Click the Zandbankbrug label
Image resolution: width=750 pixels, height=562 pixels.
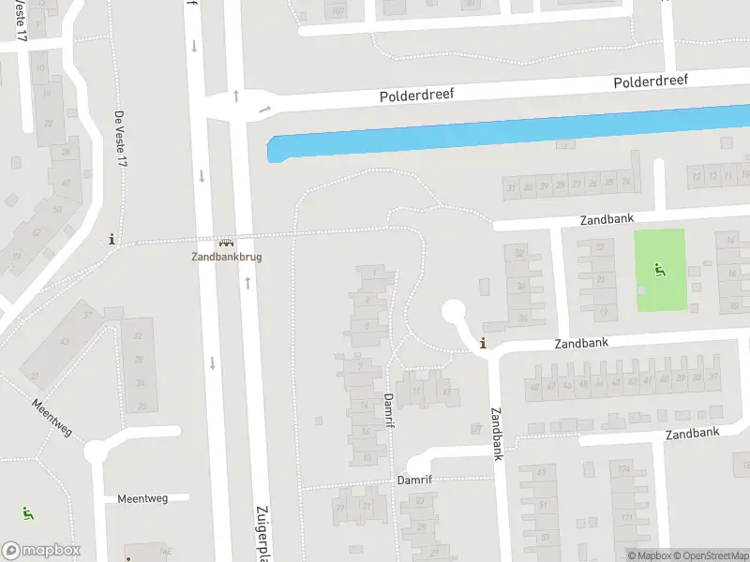226,257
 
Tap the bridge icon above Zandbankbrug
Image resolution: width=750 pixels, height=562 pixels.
226,243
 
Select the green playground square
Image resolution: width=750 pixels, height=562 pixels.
660,272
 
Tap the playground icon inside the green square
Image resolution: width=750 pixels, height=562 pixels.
660,270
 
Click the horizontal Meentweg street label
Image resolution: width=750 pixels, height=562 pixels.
142,498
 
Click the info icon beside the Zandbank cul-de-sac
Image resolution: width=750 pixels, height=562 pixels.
483,343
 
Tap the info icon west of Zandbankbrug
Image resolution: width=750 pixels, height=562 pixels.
113,239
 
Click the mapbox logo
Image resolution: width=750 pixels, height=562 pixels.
41,550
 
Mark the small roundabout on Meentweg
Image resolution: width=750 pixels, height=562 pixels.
97,452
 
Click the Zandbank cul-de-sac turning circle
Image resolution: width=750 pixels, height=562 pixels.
454,310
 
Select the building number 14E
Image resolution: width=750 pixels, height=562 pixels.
166,552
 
